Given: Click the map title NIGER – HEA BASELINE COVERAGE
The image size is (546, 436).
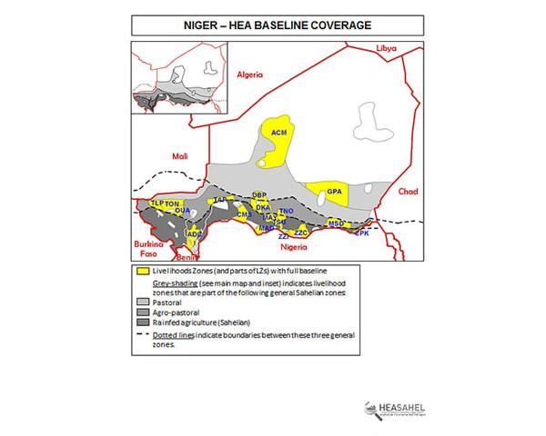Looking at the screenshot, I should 272,25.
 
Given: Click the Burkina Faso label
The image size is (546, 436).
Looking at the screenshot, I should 147,250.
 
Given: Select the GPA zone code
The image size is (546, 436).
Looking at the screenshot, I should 334,193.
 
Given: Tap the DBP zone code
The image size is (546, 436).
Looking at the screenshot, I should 259,195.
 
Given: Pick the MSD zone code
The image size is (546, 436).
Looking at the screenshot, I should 336,223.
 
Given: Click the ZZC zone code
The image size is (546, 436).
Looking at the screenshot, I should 302,233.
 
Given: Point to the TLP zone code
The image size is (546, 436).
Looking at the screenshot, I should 157,203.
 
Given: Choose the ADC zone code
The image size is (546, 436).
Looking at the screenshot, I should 193,233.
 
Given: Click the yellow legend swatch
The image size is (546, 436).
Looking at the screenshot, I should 143,271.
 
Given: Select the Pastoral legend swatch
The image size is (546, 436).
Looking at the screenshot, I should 143,302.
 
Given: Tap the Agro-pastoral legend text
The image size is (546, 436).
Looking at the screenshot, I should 177,312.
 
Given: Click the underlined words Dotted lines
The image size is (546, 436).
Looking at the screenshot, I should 175,334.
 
